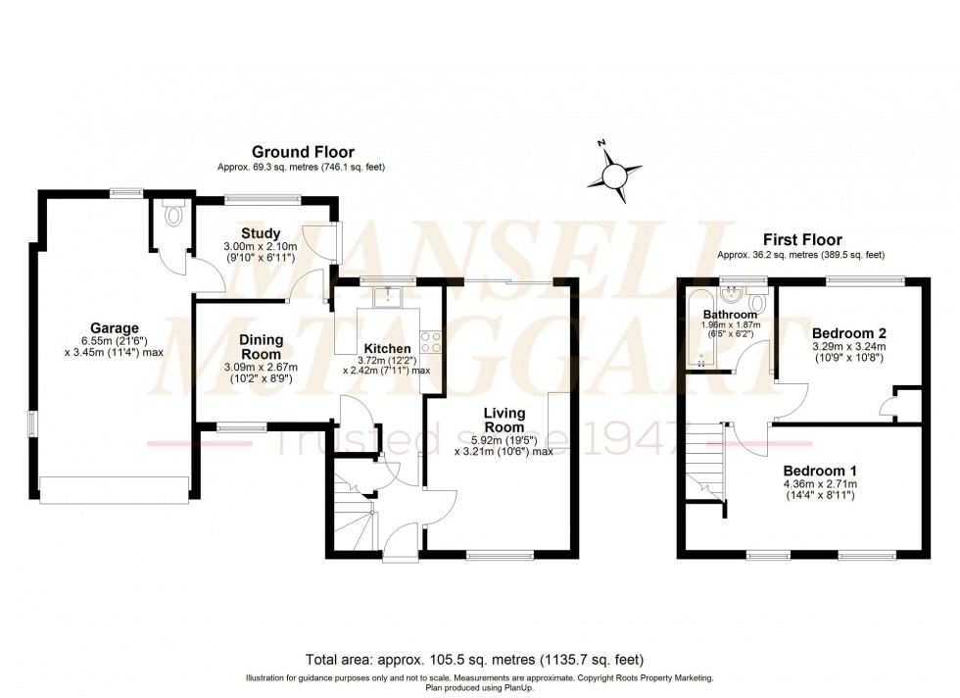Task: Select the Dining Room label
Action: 262,346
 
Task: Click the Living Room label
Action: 504,421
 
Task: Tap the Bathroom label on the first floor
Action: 729,315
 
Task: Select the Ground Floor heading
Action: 303,151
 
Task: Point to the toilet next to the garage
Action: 174,215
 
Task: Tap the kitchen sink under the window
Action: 388,295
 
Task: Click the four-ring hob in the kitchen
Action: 430,341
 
